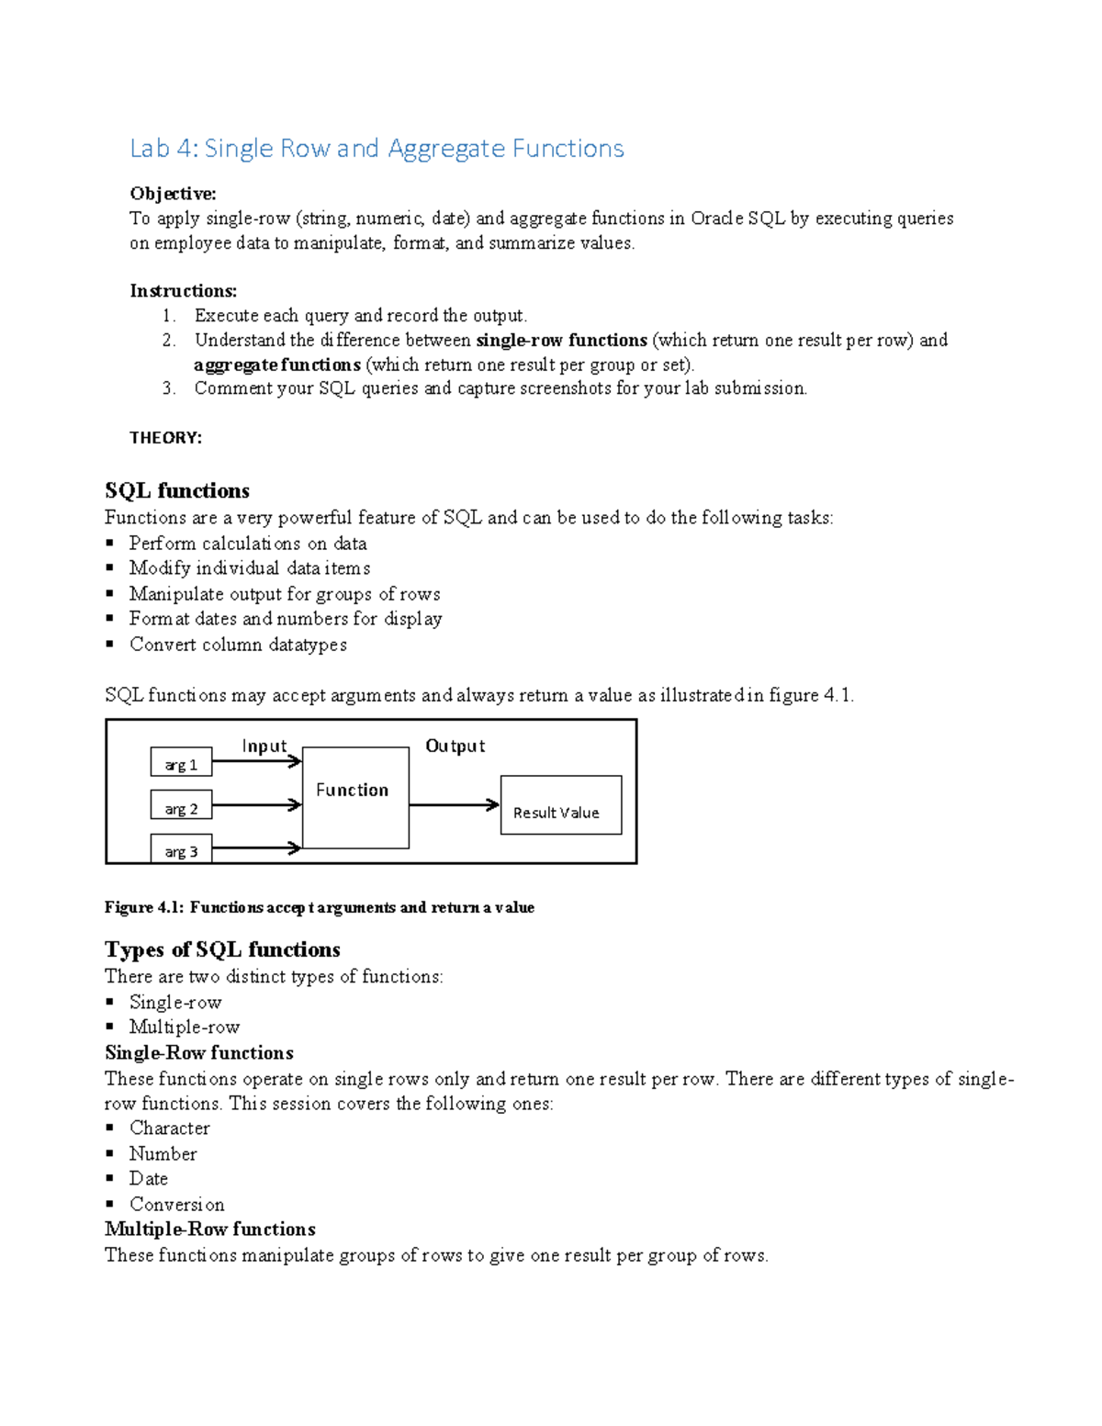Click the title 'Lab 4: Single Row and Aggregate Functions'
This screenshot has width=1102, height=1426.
tap(377, 149)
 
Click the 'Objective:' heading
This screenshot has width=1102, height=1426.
tap(173, 194)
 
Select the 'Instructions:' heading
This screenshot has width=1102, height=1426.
tap(183, 291)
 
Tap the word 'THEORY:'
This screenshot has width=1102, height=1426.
tap(165, 438)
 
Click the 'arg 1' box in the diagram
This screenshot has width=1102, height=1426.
tap(181, 764)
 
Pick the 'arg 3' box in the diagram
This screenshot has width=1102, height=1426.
tap(181, 850)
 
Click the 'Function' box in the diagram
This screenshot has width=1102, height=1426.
tap(354, 797)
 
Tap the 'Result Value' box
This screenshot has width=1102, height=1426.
tap(560, 805)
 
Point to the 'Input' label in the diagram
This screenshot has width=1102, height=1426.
tap(264, 746)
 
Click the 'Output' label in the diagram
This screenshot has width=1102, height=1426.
tap(455, 746)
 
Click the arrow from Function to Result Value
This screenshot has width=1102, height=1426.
tap(454, 805)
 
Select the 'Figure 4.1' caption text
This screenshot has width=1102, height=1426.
tap(319, 907)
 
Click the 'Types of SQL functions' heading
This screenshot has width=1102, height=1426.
tap(222, 949)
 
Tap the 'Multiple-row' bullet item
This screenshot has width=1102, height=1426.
tap(184, 1027)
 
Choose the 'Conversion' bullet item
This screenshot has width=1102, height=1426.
tap(176, 1205)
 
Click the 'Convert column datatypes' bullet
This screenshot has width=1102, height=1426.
tap(238, 645)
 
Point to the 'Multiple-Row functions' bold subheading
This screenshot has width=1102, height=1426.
tap(209, 1230)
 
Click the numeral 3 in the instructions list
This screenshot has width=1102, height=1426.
tap(168, 388)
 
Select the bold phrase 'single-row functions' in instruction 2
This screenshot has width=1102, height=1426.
tap(561, 340)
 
